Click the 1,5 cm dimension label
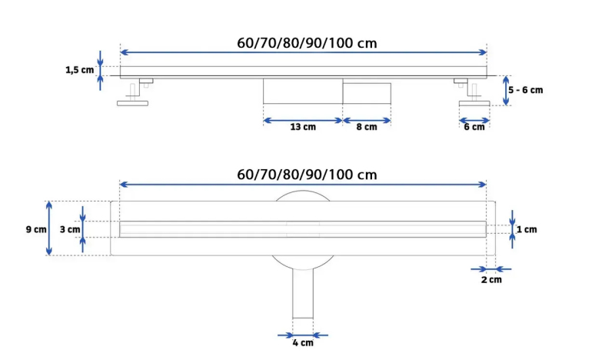[80, 70]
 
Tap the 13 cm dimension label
[303, 127]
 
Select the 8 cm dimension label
[367, 127]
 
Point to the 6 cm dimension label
[474, 127]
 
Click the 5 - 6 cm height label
[526, 90]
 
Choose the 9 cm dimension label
[36, 229]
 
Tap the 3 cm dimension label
[70, 229]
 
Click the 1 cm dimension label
[527, 229]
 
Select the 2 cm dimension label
[491, 279]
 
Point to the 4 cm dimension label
[303, 343]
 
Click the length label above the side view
[307, 43]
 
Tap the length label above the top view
[307, 175]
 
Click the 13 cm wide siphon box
[303, 91]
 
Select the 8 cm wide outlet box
[367, 93]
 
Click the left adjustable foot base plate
[132, 103]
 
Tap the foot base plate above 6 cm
[474, 103]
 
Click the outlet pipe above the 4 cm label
[303, 293]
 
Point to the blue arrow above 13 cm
[303, 120]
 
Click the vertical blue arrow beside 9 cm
[49, 228]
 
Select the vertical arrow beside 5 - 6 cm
[506, 91]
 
